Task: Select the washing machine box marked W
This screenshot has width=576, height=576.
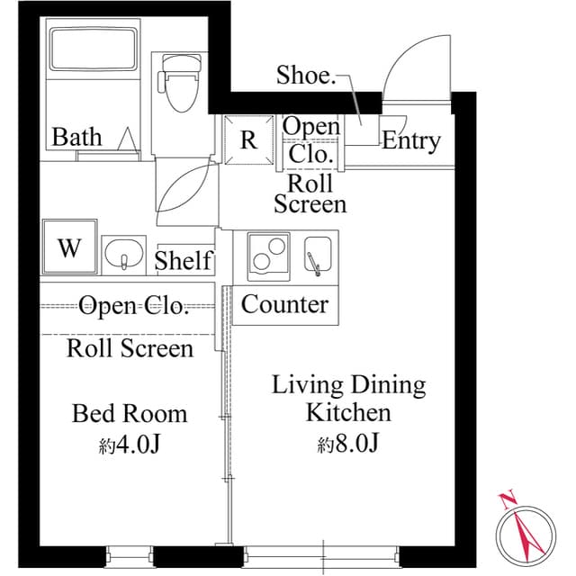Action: [69, 247]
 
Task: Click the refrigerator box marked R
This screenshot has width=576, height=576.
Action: [247, 140]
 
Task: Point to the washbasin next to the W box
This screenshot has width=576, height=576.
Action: [121, 254]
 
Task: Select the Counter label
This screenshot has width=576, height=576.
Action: [284, 304]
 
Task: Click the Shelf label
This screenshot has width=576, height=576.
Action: [184, 261]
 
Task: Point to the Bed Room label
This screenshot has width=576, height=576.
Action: [130, 414]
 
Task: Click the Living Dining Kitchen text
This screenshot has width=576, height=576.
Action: [348, 399]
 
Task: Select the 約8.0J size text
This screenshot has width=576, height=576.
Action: [346, 444]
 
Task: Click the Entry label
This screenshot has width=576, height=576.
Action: [411, 140]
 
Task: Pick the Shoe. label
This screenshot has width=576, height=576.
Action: [305, 76]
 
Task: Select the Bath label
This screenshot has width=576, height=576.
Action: [76, 138]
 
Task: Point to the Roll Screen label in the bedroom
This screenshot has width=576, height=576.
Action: [130, 348]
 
